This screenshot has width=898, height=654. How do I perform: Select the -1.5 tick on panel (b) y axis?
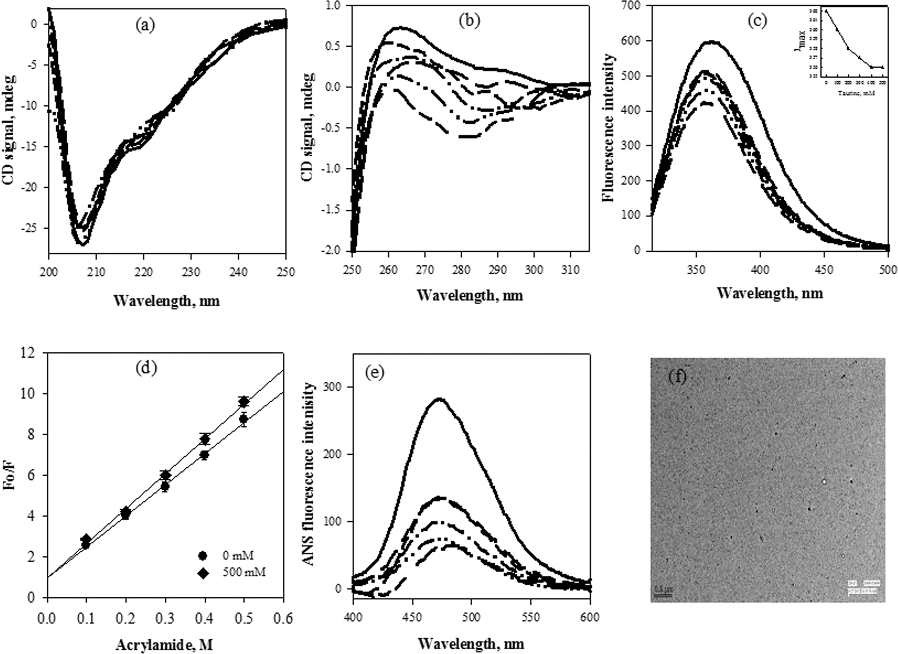[x=335, y=209]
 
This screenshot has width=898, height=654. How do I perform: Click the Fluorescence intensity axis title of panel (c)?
[x=610, y=128]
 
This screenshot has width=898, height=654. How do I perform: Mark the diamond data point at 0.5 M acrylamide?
[x=244, y=402]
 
